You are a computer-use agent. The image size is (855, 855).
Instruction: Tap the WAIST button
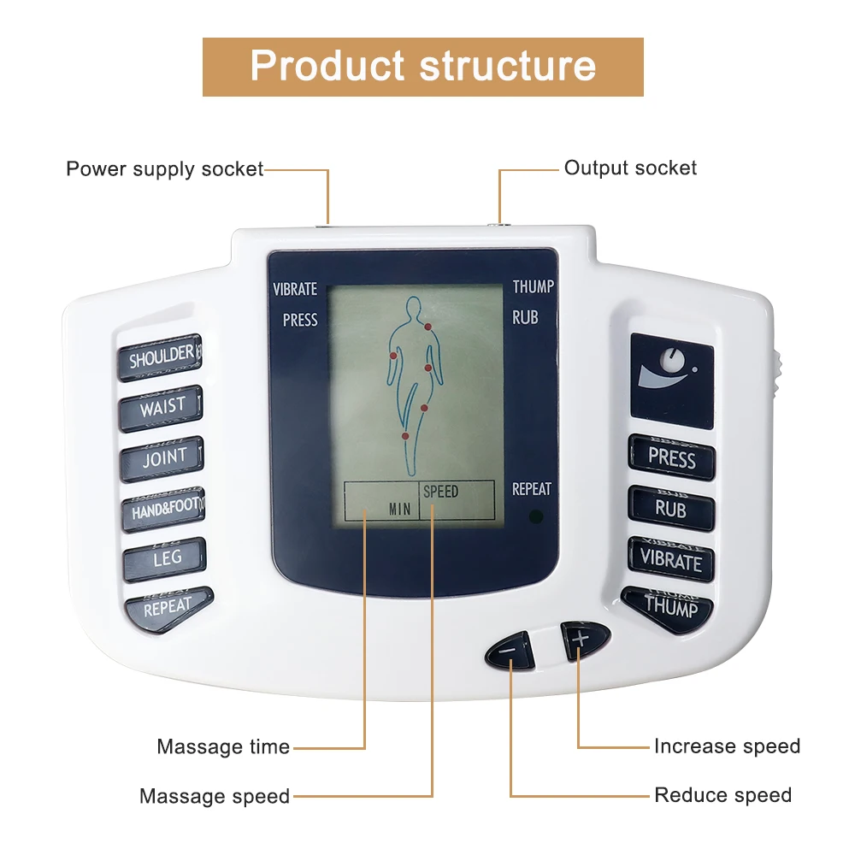[x=162, y=408]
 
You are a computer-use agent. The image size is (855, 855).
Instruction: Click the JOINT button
[x=162, y=459]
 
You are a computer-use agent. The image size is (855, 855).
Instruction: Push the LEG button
[x=166, y=559]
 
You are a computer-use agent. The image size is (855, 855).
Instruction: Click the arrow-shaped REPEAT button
[x=168, y=608]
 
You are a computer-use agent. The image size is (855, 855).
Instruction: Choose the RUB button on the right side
[x=671, y=510]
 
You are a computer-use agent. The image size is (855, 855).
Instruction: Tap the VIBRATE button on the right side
[x=671, y=561]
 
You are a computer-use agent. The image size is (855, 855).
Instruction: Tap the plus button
[x=581, y=638]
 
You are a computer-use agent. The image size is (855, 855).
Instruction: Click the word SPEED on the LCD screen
[x=440, y=492]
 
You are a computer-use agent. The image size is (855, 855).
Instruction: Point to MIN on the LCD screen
[x=399, y=509]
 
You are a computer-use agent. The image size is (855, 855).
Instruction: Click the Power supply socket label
[x=164, y=168]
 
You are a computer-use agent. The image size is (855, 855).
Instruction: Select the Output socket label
[x=630, y=168]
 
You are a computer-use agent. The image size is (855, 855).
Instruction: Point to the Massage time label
[x=223, y=746]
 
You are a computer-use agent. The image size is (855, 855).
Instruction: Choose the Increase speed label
[x=727, y=746]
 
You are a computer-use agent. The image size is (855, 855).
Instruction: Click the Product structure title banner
[x=423, y=66]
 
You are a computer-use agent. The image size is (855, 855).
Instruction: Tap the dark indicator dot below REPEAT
[x=535, y=516]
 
